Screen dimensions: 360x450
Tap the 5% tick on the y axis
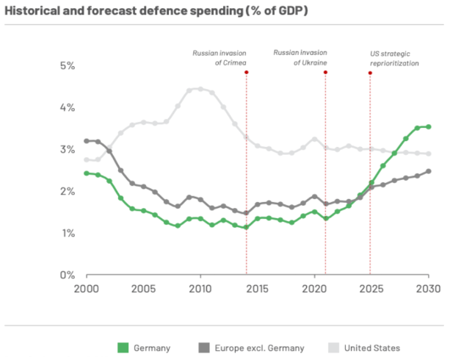tap(68, 65)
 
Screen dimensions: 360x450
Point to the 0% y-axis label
tap(68, 275)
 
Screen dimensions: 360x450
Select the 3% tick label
tap(68, 149)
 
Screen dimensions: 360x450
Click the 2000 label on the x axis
tap(87, 289)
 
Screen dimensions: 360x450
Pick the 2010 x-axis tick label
tap(200, 289)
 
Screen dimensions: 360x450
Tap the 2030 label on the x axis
tap(428, 289)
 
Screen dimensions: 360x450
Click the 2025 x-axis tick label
tap(371, 289)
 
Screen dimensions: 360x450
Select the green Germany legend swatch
tap(123, 348)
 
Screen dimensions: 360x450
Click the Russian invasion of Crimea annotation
tap(220, 58)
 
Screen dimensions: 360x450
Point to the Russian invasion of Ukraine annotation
tap(300, 58)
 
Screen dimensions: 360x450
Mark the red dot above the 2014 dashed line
tap(246, 72)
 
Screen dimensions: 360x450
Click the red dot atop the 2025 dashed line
tap(370, 73)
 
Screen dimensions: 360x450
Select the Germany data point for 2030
tap(428, 126)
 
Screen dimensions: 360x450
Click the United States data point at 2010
tap(200, 89)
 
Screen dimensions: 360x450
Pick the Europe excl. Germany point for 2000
tap(87, 140)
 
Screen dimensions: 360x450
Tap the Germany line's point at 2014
tap(246, 228)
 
